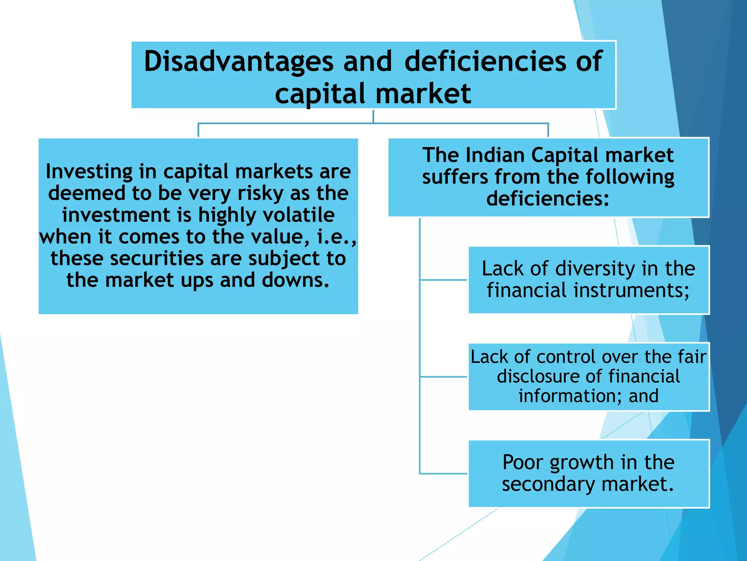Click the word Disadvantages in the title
tap(239, 61)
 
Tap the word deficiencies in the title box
tap(485, 61)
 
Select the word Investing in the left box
tap(89, 172)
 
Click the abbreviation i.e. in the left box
tap(335, 237)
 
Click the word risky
tap(260, 193)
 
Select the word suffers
tap(455, 177)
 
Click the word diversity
tap(595, 269)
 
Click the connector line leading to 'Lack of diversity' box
tap(444, 280)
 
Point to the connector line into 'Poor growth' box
tap(444, 474)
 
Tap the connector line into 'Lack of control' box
tap(444, 377)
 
